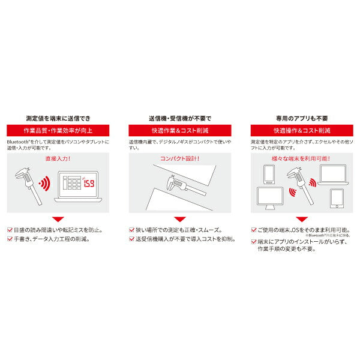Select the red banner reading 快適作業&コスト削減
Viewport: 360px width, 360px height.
tap(179, 130)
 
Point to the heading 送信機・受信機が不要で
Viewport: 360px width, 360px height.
tap(179, 118)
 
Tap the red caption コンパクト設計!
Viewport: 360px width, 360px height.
tap(179, 159)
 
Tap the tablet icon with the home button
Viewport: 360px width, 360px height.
tap(337, 199)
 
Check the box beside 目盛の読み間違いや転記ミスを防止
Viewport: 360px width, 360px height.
tap(8, 230)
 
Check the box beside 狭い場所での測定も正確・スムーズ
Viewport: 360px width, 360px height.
tap(131, 230)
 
